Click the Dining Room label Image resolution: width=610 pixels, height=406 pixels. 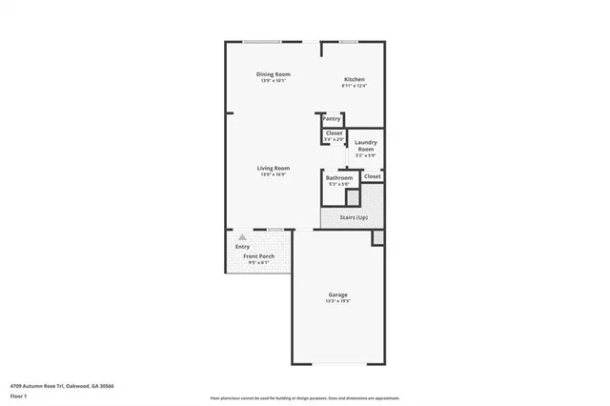[273, 74]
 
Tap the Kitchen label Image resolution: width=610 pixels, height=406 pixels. [354, 79]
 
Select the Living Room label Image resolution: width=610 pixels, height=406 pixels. [273, 168]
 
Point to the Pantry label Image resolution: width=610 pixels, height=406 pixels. [332, 118]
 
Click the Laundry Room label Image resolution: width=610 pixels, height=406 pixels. [366, 146]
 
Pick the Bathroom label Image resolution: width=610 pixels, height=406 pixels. [339, 177]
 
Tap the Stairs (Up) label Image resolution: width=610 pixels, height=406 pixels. [354, 217]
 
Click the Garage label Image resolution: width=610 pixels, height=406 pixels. [338, 295]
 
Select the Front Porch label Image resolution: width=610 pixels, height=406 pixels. [258, 256]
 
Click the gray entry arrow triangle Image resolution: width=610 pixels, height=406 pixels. [242, 236]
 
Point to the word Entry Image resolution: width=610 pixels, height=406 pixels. [242, 247]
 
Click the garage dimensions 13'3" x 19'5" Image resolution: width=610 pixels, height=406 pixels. [338, 301]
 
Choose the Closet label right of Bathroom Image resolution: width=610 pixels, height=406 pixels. [372, 176]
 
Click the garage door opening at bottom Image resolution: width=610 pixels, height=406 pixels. [338, 363]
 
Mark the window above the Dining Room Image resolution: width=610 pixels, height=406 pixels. [261, 41]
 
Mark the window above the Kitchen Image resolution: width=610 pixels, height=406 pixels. [349, 41]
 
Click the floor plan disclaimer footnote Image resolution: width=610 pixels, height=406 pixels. [304, 397]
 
